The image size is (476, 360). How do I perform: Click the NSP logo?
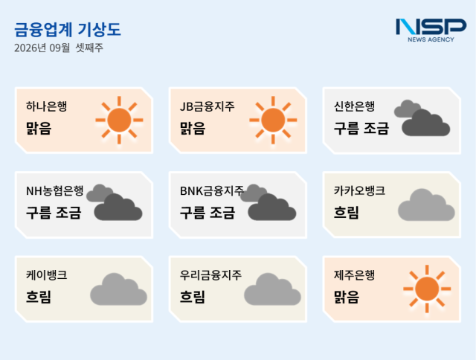point(431,30)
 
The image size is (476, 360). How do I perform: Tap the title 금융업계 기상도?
point(68,30)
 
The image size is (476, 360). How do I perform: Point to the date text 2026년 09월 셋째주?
point(59,48)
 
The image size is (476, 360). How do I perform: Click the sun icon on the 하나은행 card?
point(119,120)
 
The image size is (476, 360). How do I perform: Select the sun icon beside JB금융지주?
point(273,120)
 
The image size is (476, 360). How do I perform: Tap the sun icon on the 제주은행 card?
point(427,289)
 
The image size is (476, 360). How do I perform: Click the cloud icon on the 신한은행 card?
point(422,118)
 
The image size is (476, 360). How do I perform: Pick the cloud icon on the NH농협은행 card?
point(114,202)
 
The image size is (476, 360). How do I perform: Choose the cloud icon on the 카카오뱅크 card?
point(426,205)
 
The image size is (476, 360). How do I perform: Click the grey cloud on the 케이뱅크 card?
point(119,289)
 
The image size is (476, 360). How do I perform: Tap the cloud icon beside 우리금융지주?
point(273,289)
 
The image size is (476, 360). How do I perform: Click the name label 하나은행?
point(46,106)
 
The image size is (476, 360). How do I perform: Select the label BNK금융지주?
point(212,190)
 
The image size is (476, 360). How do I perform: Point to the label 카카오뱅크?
point(359,190)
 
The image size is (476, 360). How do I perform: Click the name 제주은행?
point(354,275)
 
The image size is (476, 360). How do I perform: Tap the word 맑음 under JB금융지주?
point(193,128)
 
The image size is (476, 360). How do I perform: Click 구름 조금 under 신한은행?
point(361,128)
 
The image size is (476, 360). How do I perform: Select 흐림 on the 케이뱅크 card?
point(39,297)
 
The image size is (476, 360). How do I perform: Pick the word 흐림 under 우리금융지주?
point(193,297)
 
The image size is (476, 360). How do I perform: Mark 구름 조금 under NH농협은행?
point(54,213)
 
